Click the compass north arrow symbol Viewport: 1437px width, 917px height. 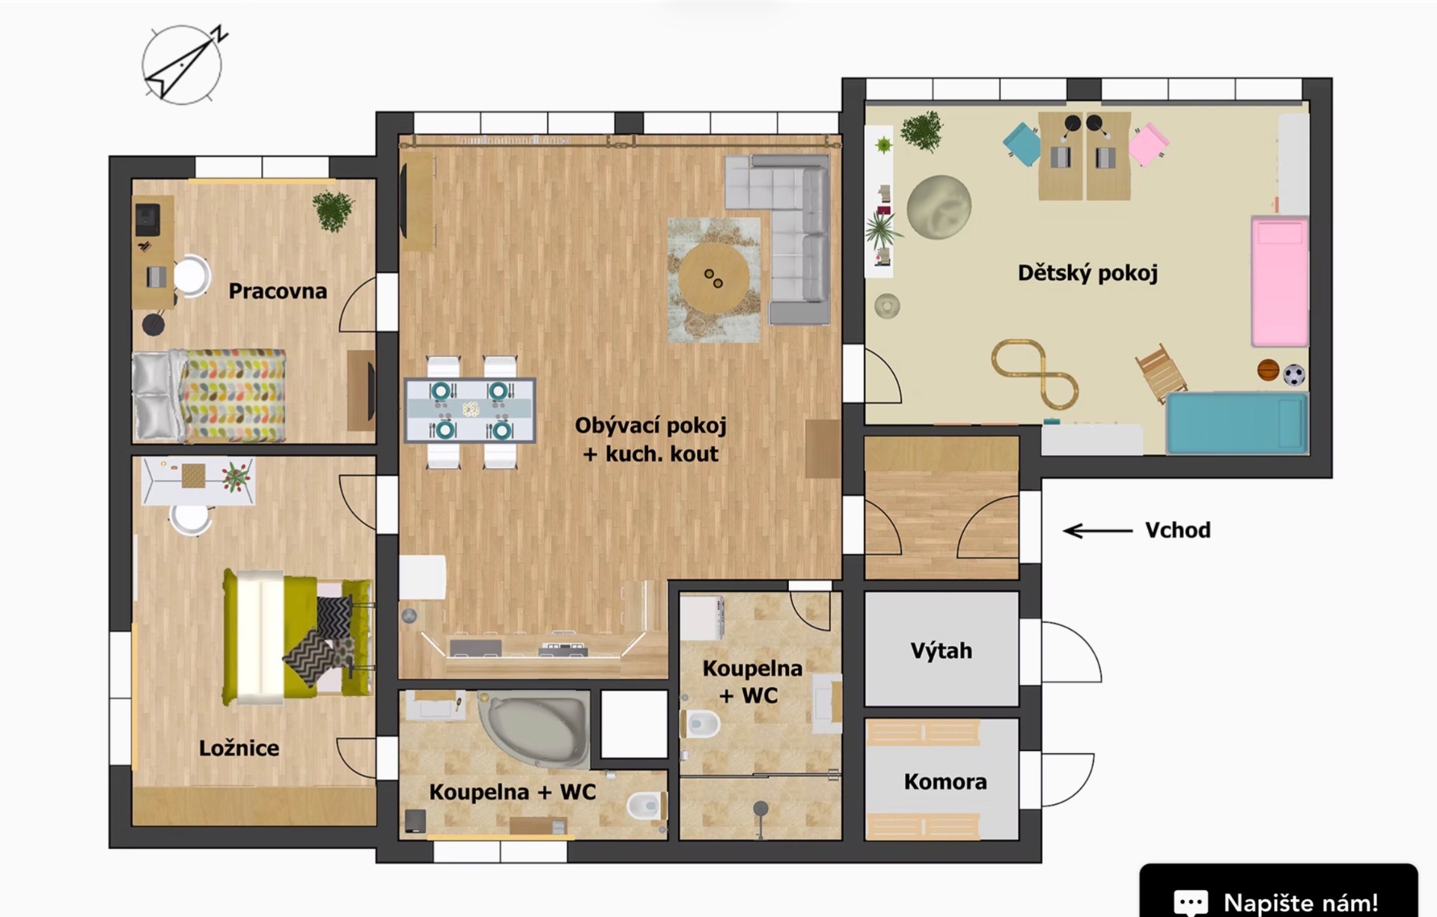(182, 65)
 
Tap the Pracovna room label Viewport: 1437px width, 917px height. (278, 291)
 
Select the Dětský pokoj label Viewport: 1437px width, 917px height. (1087, 273)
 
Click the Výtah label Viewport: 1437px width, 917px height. (942, 651)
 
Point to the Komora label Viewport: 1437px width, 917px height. (945, 782)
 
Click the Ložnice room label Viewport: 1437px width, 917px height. (239, 748)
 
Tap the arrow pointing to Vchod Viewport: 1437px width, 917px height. (1098, 531)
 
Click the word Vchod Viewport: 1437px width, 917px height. (1178, 530)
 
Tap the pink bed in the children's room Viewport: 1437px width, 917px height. (1280, 281)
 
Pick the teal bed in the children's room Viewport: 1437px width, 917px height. (1237, 423)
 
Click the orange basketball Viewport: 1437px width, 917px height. (1268, 371)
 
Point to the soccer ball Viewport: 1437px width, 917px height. (1294, 374)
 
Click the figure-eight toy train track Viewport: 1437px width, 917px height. (1035, 374)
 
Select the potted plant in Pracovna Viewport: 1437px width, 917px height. (333, 210)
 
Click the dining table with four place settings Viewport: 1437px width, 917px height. (470, 410)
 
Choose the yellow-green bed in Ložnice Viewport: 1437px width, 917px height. (298, 637)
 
